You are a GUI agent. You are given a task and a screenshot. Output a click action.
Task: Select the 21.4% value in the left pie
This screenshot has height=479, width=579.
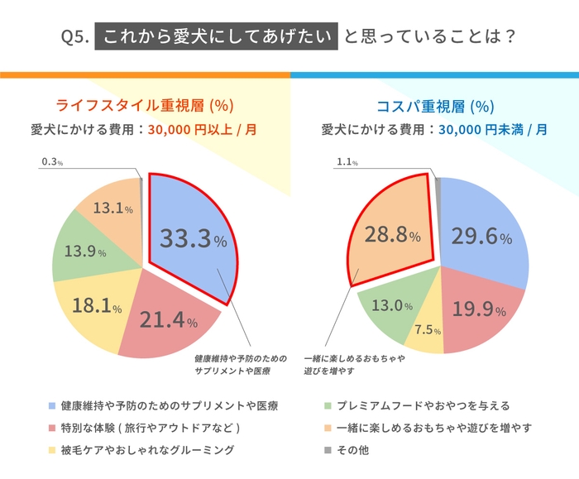(168, 320)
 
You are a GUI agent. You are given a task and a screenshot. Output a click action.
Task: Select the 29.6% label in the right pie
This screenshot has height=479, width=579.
(482, 237)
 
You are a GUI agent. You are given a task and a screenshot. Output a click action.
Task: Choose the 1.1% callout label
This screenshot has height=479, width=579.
(347, 163)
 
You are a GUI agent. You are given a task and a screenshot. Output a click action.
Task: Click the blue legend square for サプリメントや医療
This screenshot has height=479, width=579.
(53, 406)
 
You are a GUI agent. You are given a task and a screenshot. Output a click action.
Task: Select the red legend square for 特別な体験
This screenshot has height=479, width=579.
(53, 428)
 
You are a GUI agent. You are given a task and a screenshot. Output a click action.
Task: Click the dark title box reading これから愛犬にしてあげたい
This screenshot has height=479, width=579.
(217, 37)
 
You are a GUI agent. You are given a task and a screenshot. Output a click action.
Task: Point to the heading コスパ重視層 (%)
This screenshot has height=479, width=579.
(434, 105)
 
